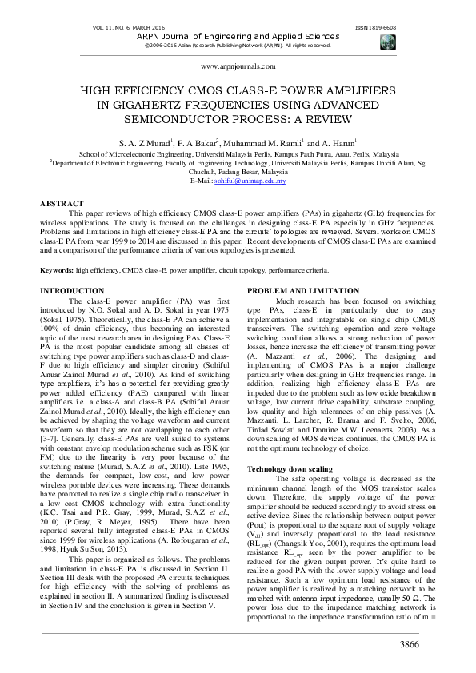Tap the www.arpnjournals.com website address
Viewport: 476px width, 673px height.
tap(237, 67)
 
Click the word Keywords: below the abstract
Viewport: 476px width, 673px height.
tap(58, 271)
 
